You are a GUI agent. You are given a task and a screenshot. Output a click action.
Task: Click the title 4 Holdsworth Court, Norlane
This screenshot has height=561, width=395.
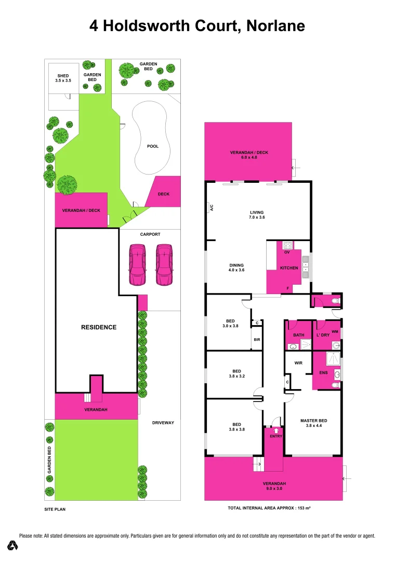pos(197,25)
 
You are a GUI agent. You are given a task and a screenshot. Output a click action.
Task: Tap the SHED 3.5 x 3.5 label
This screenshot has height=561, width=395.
pos(63,78)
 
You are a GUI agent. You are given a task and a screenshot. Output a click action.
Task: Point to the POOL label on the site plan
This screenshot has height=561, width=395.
pos(153,146)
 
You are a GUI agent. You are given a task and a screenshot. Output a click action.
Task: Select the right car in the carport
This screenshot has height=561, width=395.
pos(164,265)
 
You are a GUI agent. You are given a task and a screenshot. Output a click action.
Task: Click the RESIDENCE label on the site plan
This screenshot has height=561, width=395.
pos(99,327)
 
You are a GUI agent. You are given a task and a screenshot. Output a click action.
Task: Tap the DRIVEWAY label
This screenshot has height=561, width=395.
pos(163,423)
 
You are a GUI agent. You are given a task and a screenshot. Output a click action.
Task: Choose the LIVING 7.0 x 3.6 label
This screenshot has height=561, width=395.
pos(257,215)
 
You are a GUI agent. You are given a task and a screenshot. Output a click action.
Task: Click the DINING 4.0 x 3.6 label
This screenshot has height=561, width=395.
pos(236,268)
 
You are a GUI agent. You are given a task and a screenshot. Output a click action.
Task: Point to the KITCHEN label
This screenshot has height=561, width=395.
pos(289,268)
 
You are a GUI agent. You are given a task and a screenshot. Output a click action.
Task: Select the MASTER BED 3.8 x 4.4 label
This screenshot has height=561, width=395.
pos(313,423)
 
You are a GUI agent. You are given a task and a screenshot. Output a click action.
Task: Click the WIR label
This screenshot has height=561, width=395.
pos(298,364)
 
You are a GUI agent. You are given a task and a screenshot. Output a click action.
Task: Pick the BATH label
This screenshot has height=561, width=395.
pos(298,336)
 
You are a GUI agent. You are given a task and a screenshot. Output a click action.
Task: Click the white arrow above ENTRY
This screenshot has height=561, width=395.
pos(275,430)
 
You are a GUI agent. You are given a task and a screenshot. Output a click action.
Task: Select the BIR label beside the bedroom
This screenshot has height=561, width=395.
pos(256,340)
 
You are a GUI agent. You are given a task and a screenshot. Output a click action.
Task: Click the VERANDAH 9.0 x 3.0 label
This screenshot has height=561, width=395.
pos(273,486)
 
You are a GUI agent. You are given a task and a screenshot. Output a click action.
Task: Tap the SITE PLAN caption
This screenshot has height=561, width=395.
pos(55,510)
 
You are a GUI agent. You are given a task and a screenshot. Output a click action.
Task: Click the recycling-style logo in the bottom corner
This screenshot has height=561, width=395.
pos(13,545)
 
